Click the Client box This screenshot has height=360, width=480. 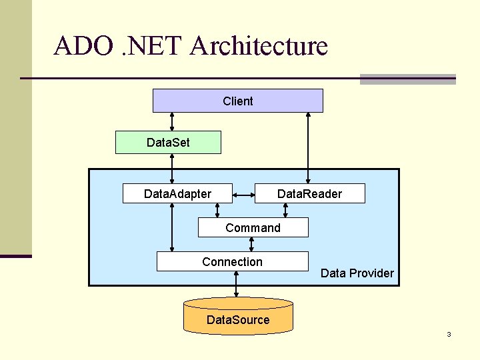238,101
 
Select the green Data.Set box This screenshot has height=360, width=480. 168,142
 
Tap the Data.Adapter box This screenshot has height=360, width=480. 177,193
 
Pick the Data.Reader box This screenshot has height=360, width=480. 309,193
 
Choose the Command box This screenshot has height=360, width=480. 253,227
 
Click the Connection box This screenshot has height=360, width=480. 232,261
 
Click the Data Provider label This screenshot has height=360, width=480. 357,273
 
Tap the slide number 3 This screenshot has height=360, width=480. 449,334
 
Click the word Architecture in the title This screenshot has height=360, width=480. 259,46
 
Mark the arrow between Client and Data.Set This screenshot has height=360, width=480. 172,121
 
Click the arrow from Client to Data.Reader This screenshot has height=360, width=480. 307,147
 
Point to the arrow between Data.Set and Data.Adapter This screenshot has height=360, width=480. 172,169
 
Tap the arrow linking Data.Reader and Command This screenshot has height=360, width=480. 285,210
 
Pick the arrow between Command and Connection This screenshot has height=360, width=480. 251,244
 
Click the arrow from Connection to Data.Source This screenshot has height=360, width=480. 236,285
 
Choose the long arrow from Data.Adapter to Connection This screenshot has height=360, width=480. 172,227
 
